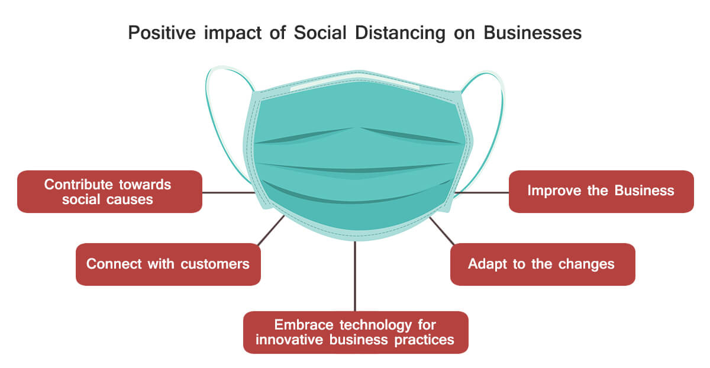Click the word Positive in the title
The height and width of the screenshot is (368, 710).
click(x=162, y=33)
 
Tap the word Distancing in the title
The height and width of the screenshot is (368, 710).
click(x=401, y=33)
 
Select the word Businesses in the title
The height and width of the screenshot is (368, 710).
click(x=532, y=33)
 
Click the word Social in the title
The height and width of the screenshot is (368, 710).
click(x=320, y=33)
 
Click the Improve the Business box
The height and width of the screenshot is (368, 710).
click(x=601, y=192)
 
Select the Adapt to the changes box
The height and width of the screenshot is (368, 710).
click(x=543, y=264)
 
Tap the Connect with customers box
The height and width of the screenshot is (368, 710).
click(x=168, y=264)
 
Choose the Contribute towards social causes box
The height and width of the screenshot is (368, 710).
click(x=109, y=192)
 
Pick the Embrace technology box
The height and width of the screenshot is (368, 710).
click(x=356, y=332)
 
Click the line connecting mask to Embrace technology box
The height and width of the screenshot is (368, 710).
click(x=355, y=276)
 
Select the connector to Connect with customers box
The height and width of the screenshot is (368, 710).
click(x=271, y=230)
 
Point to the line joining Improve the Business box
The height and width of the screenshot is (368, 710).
click(x=482, y=192)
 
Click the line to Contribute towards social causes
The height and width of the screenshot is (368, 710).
click(x=228, y=192)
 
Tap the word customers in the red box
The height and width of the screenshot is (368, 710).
click(x=215, y=264)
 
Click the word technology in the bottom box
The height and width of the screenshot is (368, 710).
click(x=376, y=325)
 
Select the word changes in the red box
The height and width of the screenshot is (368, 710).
click(x=586, y=264)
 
